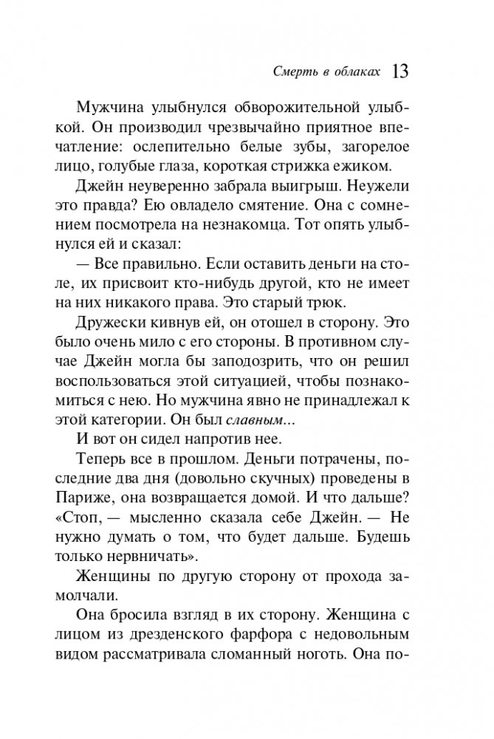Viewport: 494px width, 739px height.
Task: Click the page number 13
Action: tap(401, 72)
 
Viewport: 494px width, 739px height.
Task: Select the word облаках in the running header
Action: tap(357, 72)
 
